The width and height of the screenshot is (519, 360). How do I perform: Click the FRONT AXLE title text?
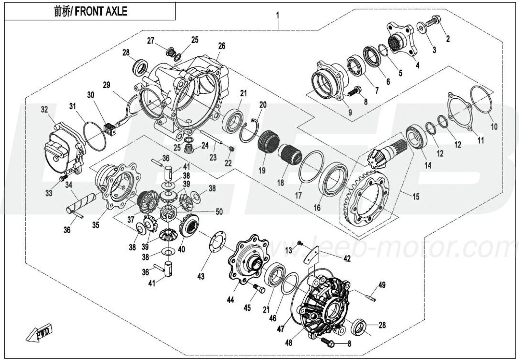[x=90, y=11]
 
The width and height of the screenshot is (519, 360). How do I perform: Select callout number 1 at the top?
[x=277, y=15]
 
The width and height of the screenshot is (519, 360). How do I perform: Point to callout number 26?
[x=222, y=46]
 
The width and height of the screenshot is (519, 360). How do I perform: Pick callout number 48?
[x=288, y=343]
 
